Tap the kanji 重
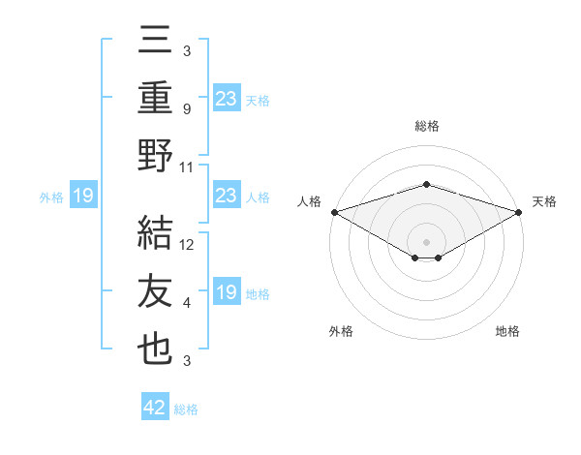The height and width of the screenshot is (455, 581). (x=156, y=99)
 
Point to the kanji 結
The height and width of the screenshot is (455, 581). (x=156, y=233)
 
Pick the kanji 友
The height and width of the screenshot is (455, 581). (x=156, y=291)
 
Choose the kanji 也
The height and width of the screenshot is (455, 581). (x=156, y=349)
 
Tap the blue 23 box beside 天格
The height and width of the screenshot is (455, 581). (x=227, y=98)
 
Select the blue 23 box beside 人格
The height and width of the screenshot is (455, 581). (x=227, y=196)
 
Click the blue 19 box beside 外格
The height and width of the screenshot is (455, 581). (x=82, y=196)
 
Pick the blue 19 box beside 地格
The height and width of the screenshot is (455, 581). (x=227, y=292)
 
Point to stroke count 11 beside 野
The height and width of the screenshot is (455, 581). (x=187, y=167)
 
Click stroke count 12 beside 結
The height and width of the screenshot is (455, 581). (x=187, y=245)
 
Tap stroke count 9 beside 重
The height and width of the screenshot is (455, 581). (x=186, y=109)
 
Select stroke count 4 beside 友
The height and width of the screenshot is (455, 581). (x=186, y=303)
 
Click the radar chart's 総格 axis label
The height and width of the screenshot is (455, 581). (x=426, y=127)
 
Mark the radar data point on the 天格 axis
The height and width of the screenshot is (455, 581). (x=519, y=211)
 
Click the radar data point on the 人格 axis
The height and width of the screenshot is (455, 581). (x=333, y=211)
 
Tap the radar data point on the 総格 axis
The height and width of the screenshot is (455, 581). (x=426, y=184)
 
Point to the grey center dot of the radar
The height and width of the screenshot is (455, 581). (x=426, y=240)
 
